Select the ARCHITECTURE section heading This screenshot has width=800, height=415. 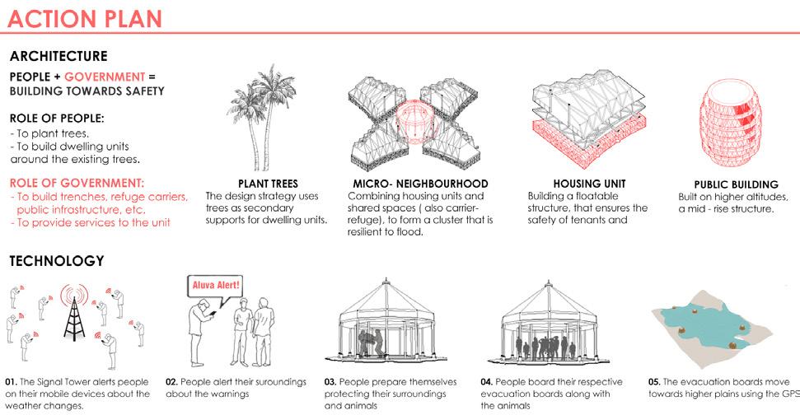[x=58, y=57]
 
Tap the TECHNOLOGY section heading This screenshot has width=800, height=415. [x=56, y=261]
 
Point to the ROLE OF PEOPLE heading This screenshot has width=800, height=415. [x=50, y=118]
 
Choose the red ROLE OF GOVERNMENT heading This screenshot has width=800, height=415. [x=77, y=182]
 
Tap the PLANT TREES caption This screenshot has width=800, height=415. [x=267, y=184]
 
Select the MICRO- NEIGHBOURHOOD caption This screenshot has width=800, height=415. [x=418, y=184]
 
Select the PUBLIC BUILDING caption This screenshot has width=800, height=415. [x=737, y=184]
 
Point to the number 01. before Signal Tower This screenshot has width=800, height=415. [x=11, y=383]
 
